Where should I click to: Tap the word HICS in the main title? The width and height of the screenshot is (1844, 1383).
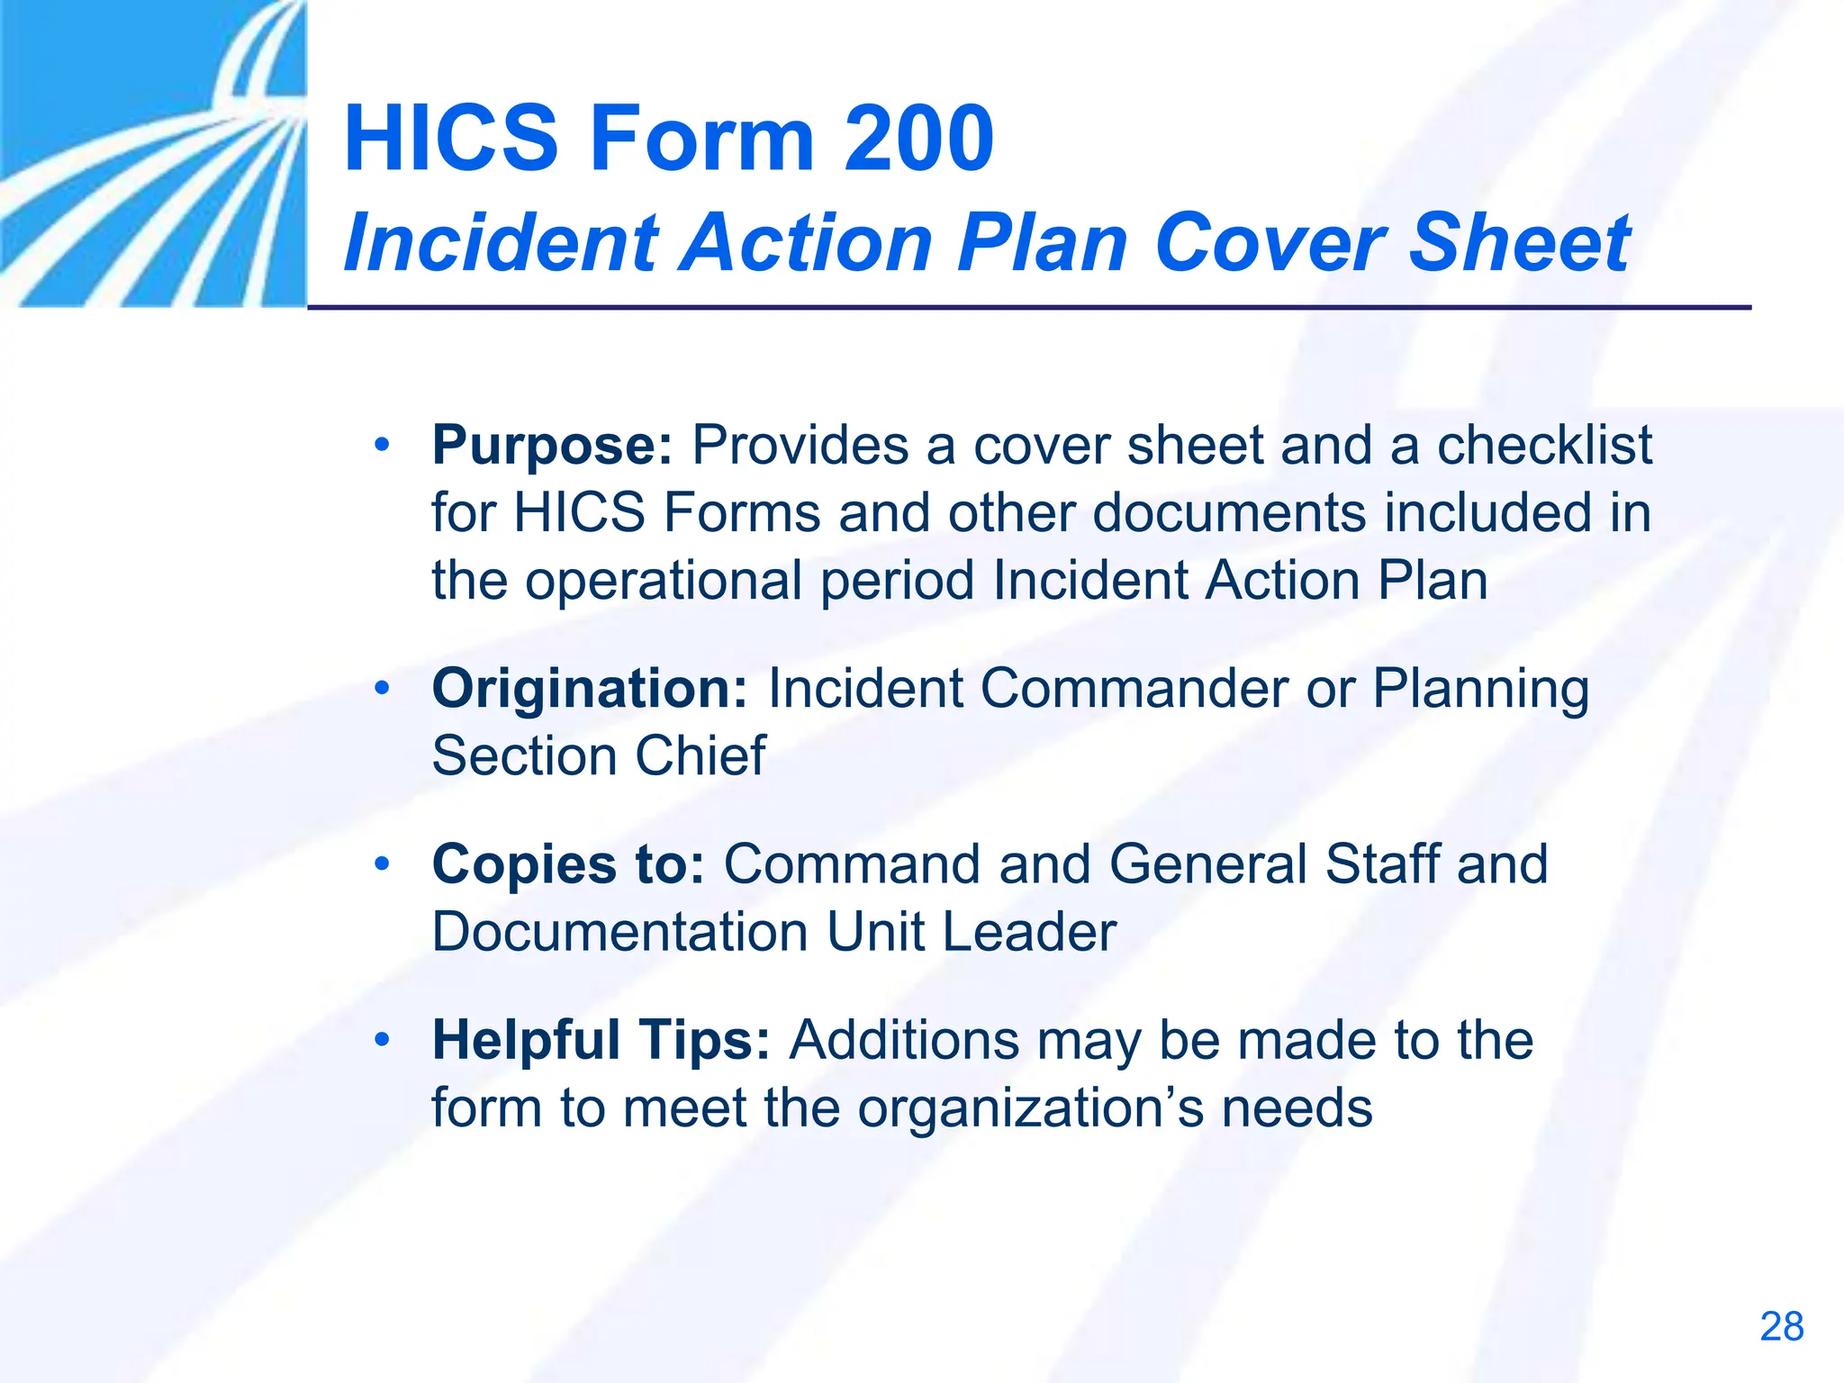[x=451, y=139]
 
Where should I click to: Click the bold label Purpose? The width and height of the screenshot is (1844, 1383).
[x=552, y=445]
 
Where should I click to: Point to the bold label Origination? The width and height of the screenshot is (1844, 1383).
[x=590, y=689]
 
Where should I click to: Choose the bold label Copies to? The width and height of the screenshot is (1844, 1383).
[x=568, y=864]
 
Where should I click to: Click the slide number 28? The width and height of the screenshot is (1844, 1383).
[x=1781, y=1327]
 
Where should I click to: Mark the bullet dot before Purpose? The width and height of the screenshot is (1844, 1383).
[x=383, y=445]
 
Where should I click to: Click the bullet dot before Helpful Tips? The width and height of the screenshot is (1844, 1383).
[x=383, y=1040]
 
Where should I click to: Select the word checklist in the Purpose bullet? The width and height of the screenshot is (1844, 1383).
[x=1544, y=445]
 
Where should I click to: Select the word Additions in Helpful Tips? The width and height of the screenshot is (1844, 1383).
[x=904, y=1040]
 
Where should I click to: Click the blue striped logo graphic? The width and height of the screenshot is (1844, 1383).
[x=153, y=153]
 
